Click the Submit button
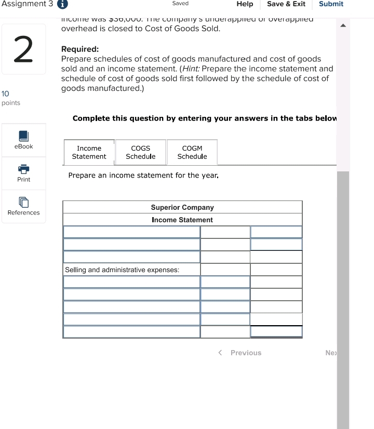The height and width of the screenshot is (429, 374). tap(331, 4)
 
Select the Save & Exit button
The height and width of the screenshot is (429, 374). tap(286, 4)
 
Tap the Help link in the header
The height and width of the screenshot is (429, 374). tap(245, 4)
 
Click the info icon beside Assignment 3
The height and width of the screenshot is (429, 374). tap(63, 4)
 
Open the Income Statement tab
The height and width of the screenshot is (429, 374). tap(89, 152)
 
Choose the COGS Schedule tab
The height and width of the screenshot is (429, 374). tap(140, 152)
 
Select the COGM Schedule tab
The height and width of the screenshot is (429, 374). tap(192, 152)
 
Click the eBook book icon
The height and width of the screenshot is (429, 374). tap(24, 136)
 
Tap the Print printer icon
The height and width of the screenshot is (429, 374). tap(24, 169)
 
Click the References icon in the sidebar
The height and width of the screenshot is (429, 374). tap(24, 202)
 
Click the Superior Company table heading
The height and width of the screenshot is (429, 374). tap(182, 207)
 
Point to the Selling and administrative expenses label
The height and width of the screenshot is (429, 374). tap(122, 270)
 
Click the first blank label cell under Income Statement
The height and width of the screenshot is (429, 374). tap(131, 232)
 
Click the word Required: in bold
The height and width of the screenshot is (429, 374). tap(80, 49)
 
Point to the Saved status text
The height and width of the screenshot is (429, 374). tap(180, 4)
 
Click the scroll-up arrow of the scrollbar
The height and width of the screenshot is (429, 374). tap(343, 25)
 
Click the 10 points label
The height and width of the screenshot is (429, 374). tap(11, 98)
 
